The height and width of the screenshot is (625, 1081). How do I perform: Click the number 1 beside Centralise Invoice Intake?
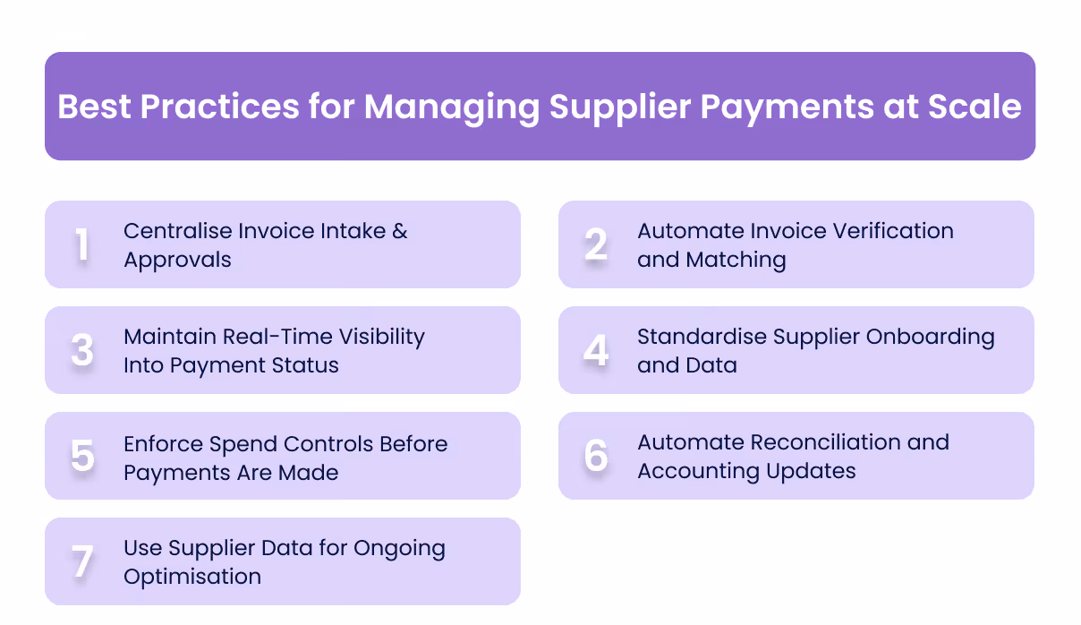coord(82,245)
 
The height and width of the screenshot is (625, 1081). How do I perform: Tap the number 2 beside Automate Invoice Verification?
coord(596,245)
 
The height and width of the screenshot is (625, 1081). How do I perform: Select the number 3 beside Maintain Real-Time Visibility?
coord(82,351)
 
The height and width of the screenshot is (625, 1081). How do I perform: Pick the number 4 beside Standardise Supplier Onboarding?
coord(596,351)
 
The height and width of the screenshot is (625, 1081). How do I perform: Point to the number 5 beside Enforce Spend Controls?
coord(82,457)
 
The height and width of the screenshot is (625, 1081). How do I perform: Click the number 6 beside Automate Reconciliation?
coord(596,457)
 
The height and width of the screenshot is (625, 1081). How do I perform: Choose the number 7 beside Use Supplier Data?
coord(82,562)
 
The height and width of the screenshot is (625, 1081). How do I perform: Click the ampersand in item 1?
coord(399,231)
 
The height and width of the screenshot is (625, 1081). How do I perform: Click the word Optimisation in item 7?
coord(192,577)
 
